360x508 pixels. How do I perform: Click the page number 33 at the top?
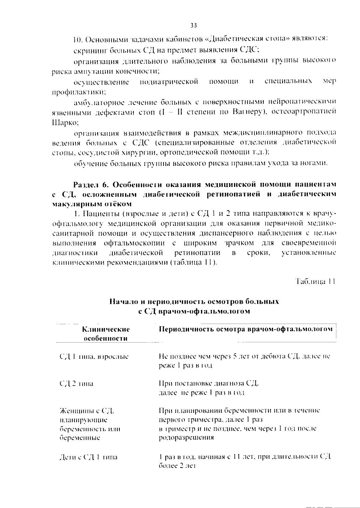pyautogui.click(x=193, y=26)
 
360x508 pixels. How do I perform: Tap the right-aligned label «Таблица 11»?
pyautogui.click(x=315, y=282)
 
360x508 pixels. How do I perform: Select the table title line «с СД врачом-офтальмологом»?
pyautogui.click(x=194, y=311)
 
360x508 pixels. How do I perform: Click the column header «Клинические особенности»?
pyautogui.click(x=106, y=334)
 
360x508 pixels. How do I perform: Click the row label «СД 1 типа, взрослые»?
pyautogui.click(x=94, y=357)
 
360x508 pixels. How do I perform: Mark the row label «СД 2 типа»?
pyautogui.click(x=76, y=384)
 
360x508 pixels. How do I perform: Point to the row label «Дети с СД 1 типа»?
pyautogui.click(x=88, y=457)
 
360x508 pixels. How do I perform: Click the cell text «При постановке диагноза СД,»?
pyautogui.click(x=208, y=383)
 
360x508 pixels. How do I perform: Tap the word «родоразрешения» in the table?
pyautogui.click(x=186, y=437)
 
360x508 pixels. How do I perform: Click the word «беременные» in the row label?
pyautogui.click(x=80, y=438)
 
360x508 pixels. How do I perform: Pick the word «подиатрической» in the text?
pyautogui.click(x=169, y=82)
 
